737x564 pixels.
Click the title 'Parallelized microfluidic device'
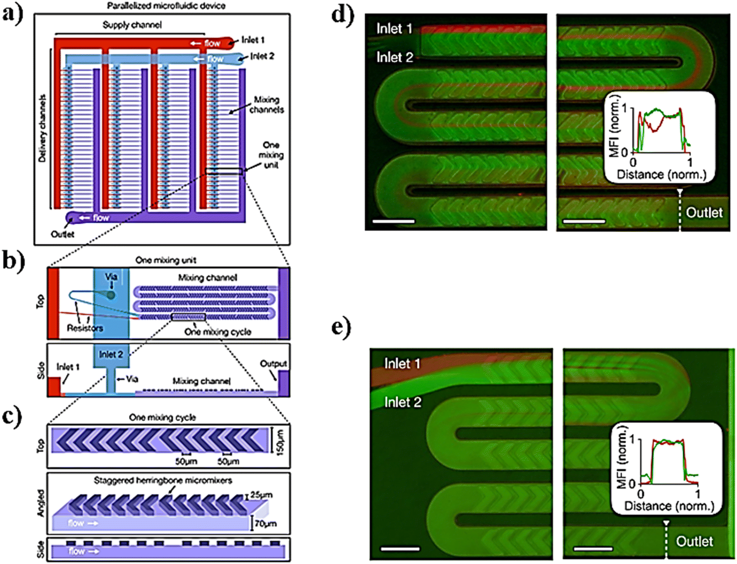(166, 6)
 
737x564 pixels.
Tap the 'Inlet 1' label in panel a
(253, 40)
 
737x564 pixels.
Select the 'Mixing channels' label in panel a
(267, 105)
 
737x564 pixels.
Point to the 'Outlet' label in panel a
(62, 234)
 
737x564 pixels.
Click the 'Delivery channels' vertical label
(42, 129)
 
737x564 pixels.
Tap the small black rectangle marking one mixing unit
(223, 171)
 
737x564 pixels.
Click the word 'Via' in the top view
(111, 277)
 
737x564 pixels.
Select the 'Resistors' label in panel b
(85, 328)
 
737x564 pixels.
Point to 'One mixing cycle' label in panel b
(218, 332)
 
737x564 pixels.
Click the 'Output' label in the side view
(273, 364)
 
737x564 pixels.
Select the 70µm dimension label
(266, 524)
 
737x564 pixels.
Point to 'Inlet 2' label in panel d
(395, 57)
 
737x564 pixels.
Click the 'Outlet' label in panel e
(694, 541)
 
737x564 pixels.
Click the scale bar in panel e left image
(400, 549)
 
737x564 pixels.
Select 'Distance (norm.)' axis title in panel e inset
(669, 506)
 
